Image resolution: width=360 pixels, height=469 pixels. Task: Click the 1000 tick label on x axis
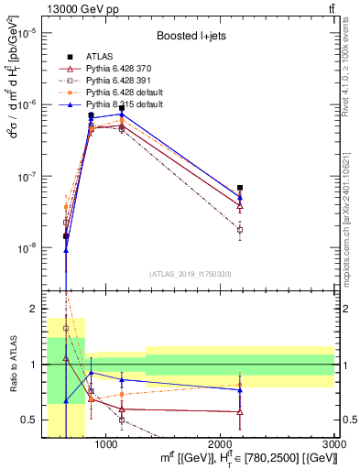coord(106,445)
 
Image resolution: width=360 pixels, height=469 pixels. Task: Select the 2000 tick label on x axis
coord(221,445)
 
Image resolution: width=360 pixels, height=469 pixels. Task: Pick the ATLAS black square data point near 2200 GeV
coord(240,188)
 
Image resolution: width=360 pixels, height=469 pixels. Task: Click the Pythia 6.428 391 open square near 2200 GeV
coord(240,230)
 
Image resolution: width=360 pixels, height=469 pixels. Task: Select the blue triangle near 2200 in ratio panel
coord(240,390)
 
